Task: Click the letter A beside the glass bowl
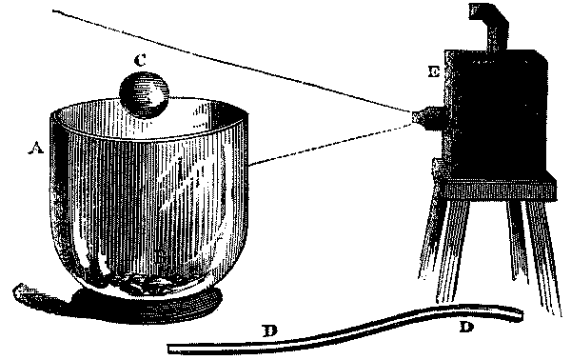(x=37, y=148)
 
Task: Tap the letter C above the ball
(x=140, y=59)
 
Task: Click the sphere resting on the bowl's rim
(x=145, y=96)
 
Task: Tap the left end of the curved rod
(x=172, y=347)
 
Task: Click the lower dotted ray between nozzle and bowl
(x=333, y=140)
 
